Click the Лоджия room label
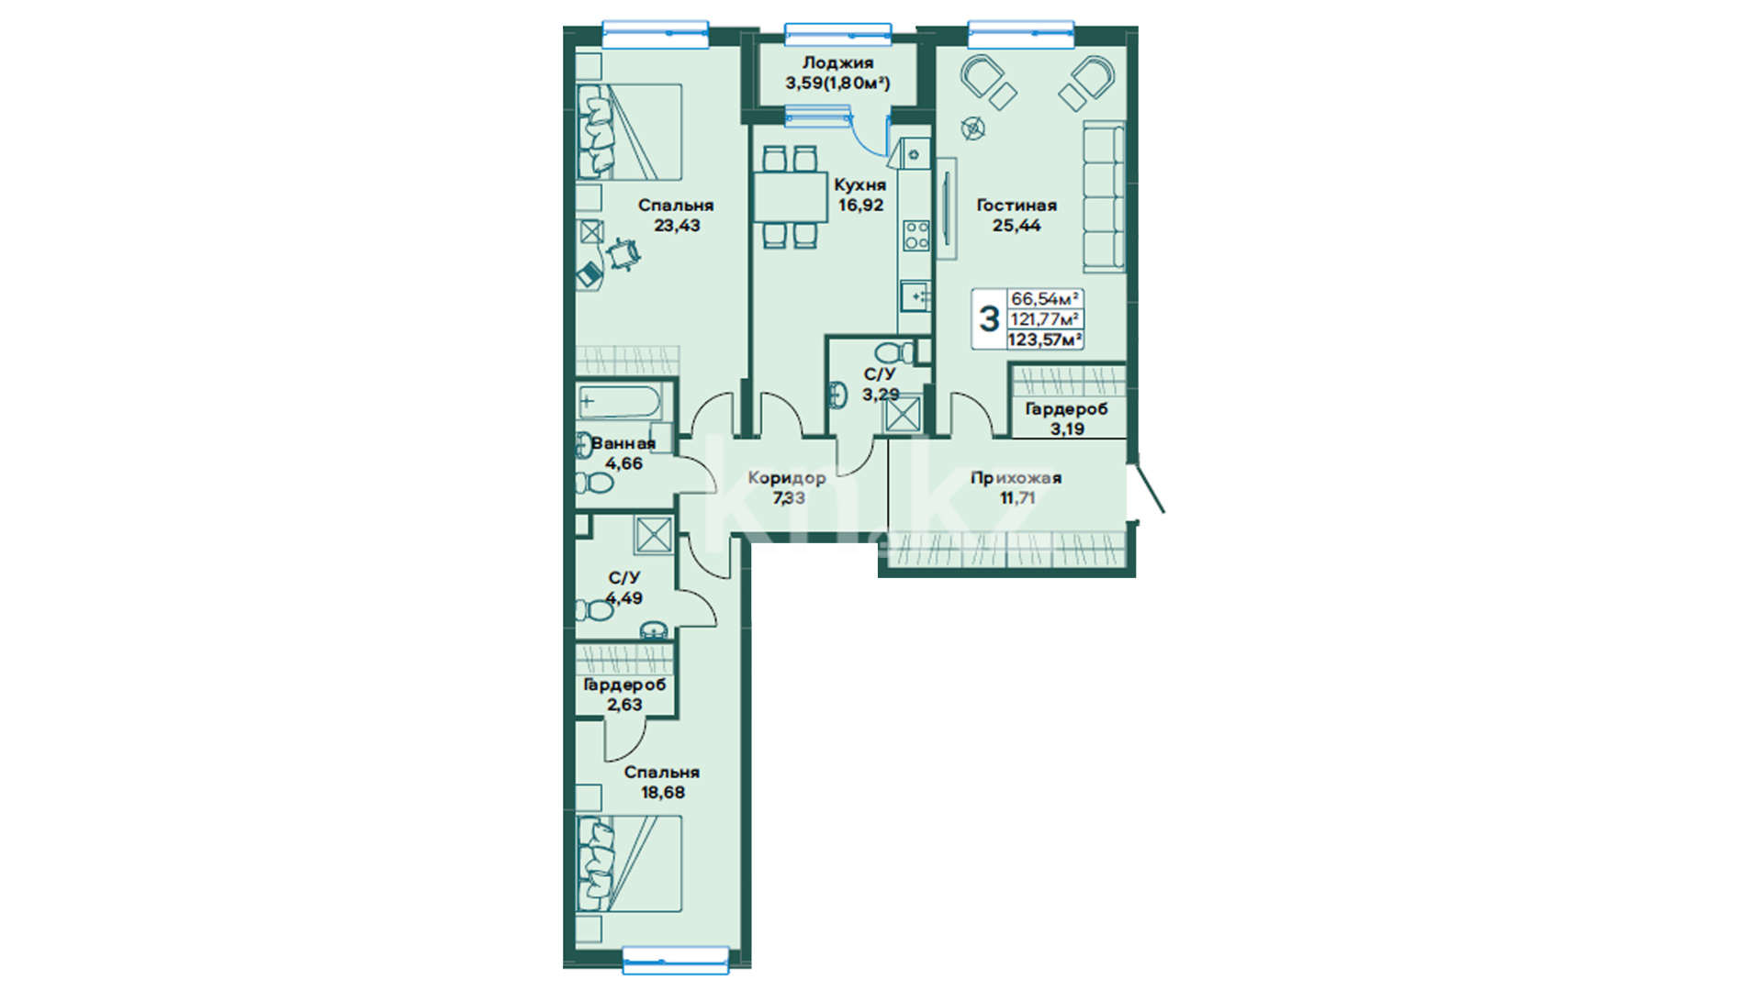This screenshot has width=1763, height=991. click(x=837, y=63)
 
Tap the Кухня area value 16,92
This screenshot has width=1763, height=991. click(x=860, y=206)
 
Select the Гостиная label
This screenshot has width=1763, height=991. click(x=1016, y=206)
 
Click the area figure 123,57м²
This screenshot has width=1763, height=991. click(x=1045, y=340)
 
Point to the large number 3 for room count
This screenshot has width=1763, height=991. click(x=989, y=319)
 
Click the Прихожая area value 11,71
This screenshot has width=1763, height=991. click(x=1017, y=498)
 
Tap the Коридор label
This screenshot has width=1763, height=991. click(x=787, y=478)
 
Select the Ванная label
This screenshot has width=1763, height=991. click(x=623, y=444)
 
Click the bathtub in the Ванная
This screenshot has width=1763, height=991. click(x=620, y=401)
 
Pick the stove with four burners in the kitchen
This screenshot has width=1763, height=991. click(x=915, y=234)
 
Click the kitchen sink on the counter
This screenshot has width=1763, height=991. click(x=915, y=296)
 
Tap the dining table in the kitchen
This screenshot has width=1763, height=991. click(x=791, y=196)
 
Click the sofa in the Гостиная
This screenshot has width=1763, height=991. click(x=1104, y=198)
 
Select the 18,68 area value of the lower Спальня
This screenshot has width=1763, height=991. click(x=663, y=793)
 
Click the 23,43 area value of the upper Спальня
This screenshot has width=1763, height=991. click(x=677, y=226)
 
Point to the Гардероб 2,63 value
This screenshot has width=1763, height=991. click(x=624, y=705)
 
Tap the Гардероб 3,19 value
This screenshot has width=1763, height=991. click(x=1067, y=429)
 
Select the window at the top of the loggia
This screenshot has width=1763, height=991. click(x=838, y=34)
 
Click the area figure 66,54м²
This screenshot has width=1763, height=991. click(x=1045, y=299)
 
